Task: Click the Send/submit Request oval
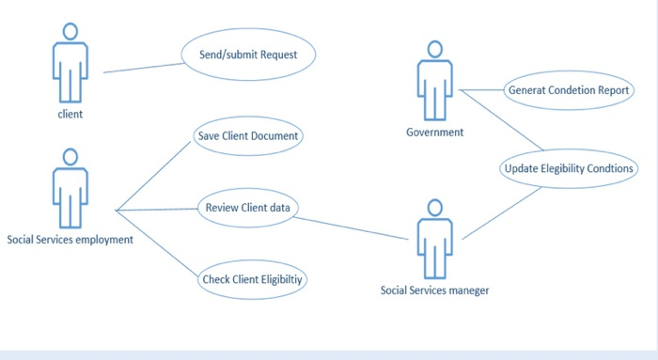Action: coord(248,55)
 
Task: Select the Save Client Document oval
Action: coord(248,136)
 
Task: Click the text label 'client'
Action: coord(70,115)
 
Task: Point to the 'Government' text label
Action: coord(434,133)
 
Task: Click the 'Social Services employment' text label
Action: coord(70,240)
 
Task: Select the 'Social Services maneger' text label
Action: coord(434,290)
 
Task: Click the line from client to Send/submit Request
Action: coord(141,68)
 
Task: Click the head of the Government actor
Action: coord(434,49)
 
